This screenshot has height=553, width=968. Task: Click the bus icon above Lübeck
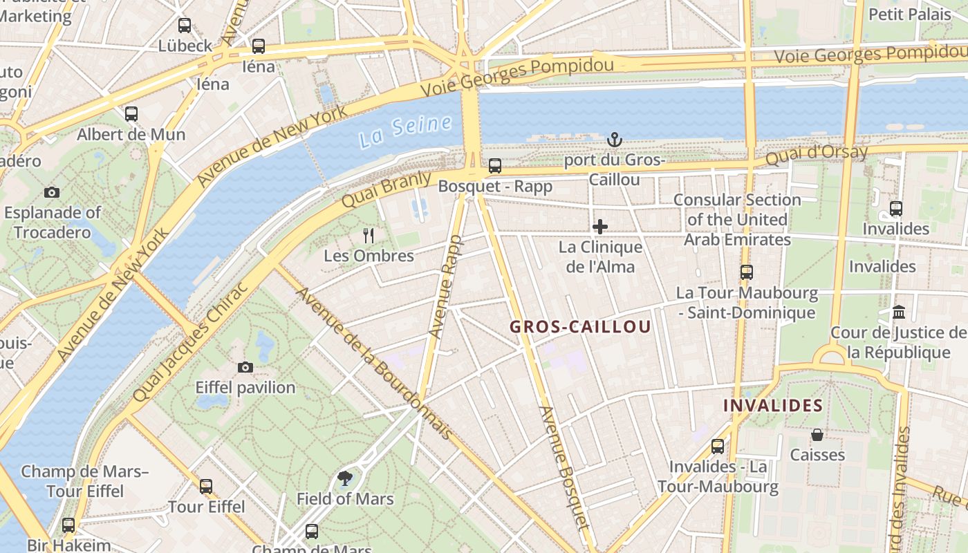click(x=185, y=26)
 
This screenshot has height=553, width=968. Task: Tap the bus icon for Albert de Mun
click(x=131, y=114)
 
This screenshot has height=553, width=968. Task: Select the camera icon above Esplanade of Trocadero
click(x=52, y=192)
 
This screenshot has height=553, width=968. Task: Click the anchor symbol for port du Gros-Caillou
click(x=614, y=140)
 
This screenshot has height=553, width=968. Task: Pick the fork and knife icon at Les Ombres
click(x=369, y=236)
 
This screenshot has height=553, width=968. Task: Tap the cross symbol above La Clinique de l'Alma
click(x=599, y=227)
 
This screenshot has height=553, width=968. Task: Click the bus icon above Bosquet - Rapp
click(x=495, y=166)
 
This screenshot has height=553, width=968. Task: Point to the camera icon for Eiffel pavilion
click(x=245, y=367)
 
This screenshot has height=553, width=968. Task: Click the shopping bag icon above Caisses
click(x=817, y=435)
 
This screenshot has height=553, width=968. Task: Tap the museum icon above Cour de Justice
click(x=899, y=312)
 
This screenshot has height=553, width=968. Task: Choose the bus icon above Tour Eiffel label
click(x=206, y=486)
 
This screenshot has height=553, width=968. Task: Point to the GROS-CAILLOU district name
click(x=580, y=327)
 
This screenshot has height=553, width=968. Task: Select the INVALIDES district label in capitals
click(x=773, y=406)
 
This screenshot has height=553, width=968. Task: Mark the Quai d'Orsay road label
click(x=816, y=155)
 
